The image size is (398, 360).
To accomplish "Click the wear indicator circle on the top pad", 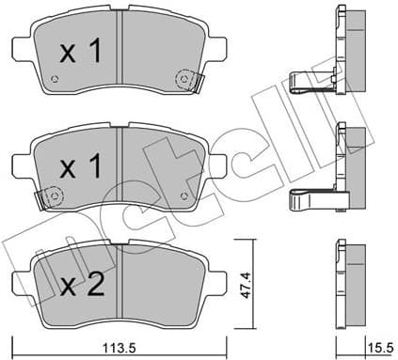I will click(183, 80).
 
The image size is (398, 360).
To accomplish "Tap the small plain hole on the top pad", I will click(56, 79).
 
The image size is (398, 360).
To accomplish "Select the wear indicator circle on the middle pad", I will click(53, 196).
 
